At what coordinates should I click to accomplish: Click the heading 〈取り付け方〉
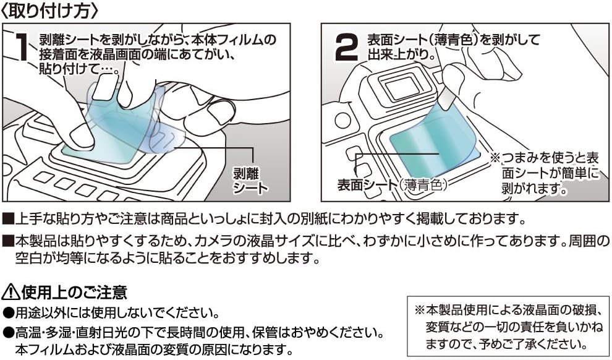[x=49, y=11]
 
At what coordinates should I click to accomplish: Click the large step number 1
[x=22, y=48]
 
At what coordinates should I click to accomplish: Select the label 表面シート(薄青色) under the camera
[x=391, y=184]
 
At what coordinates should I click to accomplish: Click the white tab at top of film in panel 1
[x=106, y=87]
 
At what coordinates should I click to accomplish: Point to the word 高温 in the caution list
[x=27, y=333]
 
